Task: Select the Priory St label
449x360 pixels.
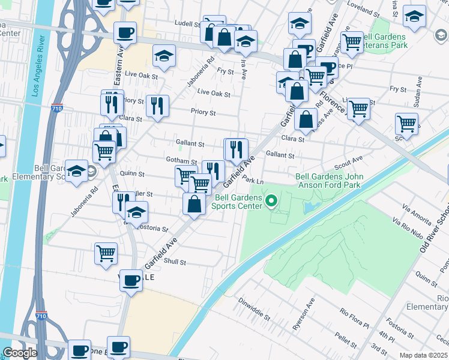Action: [203, 112]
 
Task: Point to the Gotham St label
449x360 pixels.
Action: [181, 161]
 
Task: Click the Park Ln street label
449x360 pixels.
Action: [253, 181]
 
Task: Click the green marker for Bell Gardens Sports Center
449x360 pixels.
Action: [271, 200]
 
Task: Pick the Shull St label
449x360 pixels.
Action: [175, 262]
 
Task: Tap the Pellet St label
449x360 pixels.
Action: [346, 341]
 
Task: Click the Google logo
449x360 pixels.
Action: [20, 353]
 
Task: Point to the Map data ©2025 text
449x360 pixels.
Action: [423, 355]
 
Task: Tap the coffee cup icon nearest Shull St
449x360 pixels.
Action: [130, 280]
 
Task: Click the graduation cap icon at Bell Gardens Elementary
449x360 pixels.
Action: [77, 171]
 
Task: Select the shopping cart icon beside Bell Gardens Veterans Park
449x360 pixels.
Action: [351, 42]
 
